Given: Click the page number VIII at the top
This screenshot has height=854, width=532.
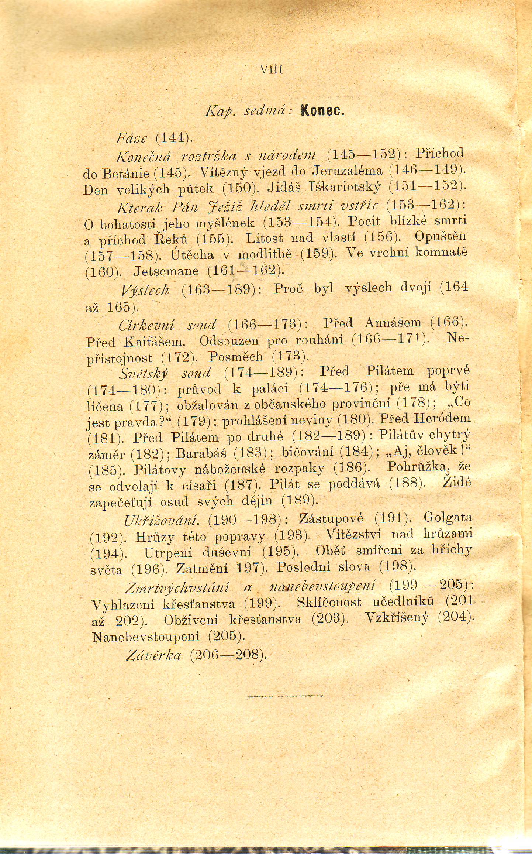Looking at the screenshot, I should pyautogui.click(x=271, y=70).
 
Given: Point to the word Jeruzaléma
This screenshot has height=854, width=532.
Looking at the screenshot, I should pyautogui.click(x=348, y=171).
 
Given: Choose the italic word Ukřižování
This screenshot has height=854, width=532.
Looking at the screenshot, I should pyautogui.click(x=162, y=520).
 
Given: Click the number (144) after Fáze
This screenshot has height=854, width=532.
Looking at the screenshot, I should pyautogui.click(x=173, y=138).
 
